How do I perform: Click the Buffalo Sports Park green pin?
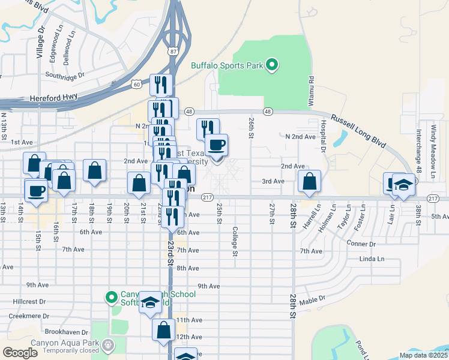pyautogui.click(x=272, y=65)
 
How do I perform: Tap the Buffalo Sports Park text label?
pyautogui.click(x=228, y=66)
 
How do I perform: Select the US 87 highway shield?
pyautogui.click(x=173, y=52)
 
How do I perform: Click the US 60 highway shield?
pyautogui.click(x=137, y=85)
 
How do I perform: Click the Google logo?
pyautogui.click(x=20, y=353)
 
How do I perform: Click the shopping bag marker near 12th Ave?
pyautogui.click(x=164, y=330)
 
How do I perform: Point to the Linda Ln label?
pyautogui.click(x=372, y=259)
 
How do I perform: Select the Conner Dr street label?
pyautogui.click(x=361, y=244)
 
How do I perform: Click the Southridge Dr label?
pyautogui.click(x=65, y=76)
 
